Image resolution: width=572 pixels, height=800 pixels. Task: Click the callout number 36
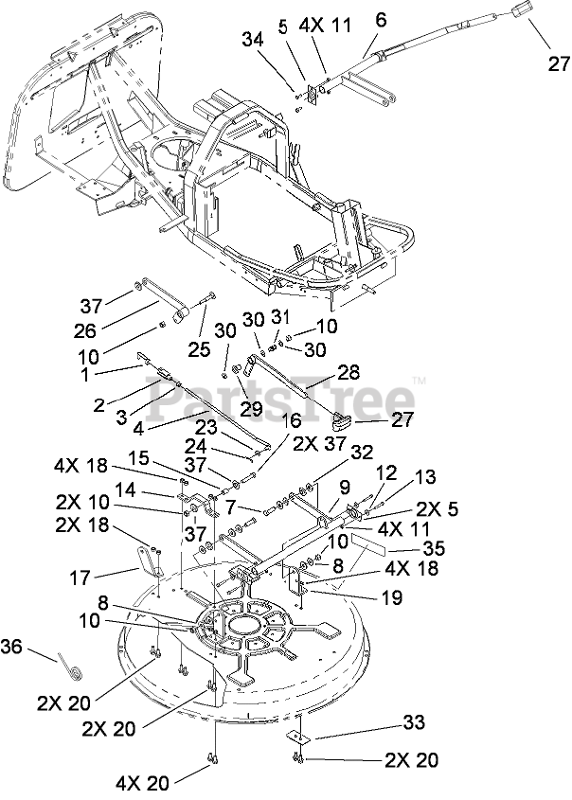11,647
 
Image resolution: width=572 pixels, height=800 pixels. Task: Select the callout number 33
413,722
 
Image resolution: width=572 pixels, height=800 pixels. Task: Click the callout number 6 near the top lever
381,21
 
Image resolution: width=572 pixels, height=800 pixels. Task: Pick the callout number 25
199,349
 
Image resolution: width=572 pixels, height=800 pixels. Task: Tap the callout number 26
84,330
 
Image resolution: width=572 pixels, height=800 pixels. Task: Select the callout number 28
363,371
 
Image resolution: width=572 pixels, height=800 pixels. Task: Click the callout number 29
252,408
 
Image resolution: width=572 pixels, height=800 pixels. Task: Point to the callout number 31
279,316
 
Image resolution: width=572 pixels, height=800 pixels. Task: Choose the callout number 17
80,578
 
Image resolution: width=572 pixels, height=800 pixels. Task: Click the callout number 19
391,597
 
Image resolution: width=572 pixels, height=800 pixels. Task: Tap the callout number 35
433,548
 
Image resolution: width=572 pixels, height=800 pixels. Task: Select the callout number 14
124,490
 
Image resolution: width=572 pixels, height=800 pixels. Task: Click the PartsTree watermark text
280,398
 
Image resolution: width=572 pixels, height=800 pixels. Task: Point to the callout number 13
424,476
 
